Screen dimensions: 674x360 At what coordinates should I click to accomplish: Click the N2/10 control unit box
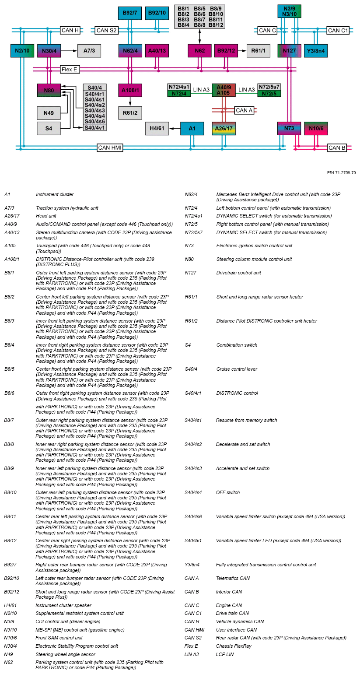[22, 51]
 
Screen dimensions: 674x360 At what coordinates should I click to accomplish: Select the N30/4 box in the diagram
[49, 51]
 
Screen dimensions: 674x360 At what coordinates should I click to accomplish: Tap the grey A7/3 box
[89, 51]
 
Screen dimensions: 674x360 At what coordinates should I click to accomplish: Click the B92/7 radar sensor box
[130, 13]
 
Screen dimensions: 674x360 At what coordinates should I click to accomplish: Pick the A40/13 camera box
[157, 51]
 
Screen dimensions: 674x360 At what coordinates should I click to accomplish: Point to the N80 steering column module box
[49, 90]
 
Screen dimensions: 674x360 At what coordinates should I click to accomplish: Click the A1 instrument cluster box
[192, 129]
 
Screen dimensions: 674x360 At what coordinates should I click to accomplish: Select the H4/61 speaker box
[157, 129]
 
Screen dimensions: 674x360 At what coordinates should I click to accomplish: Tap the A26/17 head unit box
[224, 129]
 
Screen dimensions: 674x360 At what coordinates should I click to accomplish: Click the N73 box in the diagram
[289, 129]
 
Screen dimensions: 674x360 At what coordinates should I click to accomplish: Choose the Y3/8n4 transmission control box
[316, 51]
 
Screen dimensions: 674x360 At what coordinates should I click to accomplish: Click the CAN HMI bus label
[110, 148]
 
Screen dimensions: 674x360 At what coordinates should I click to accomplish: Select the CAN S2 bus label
[107, 30]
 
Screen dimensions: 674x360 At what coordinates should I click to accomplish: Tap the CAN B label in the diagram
[337, 148]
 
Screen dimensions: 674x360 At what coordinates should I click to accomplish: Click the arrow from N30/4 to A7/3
[69, 51]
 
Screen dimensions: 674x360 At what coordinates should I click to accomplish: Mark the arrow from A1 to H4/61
[175, 129]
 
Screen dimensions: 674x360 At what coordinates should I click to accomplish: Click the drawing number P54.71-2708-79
[341, 173]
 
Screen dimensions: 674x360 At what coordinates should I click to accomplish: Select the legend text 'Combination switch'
[237, 345]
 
